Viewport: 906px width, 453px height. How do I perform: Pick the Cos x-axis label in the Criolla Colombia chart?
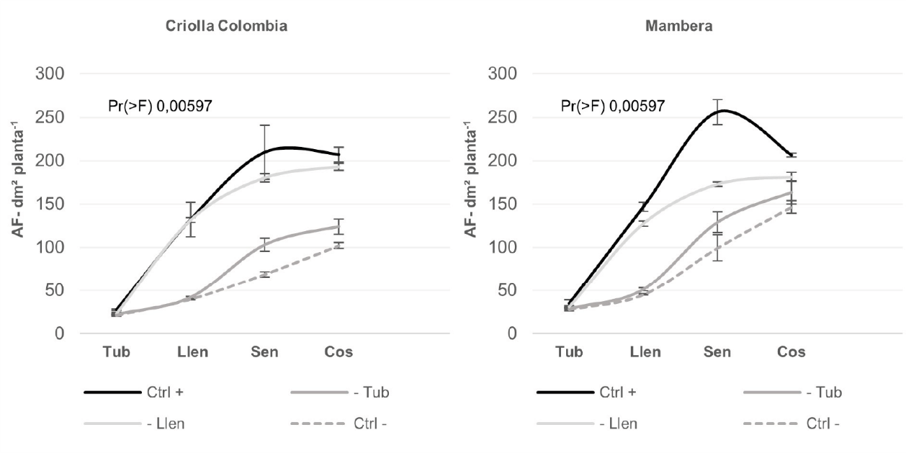pyautogui.click(x=338, y=352)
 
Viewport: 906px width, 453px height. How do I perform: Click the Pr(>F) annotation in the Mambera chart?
pyautogui.click(x=613, y=107)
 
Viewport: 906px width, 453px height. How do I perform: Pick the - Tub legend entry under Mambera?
pyautogui.click(x=792, y=393)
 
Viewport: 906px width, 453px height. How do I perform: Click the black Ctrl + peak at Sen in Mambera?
pyautogui.click(x=719, y=111)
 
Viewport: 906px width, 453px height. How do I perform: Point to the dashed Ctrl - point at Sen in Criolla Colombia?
pyautogui.click(x=265, y=274)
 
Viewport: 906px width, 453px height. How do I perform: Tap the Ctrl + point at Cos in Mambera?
pyautogui.click(x=792, y=155)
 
